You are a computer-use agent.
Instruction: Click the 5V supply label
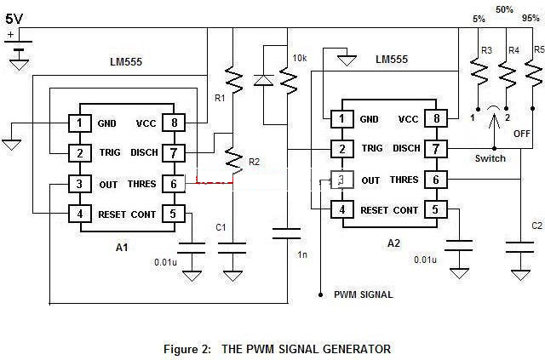tap(15, 17)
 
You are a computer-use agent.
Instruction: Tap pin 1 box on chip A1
tap(79, 123)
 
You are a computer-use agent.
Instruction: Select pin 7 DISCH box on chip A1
tap(174, 152)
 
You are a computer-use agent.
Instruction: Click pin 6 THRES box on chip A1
tap(174, 183)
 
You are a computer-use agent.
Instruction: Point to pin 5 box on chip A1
tap(174, 213)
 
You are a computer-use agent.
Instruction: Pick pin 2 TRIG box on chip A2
tap(341, 149)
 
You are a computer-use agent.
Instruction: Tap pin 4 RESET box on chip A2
tap(341, 209)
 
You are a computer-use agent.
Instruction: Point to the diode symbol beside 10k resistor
tap(261, 80)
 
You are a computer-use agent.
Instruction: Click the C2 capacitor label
tap(536, 226)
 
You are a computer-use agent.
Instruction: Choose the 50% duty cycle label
tap(505, 9)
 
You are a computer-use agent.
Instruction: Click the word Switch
tap(490, 158)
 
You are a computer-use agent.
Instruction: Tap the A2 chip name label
tap(393, 243)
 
